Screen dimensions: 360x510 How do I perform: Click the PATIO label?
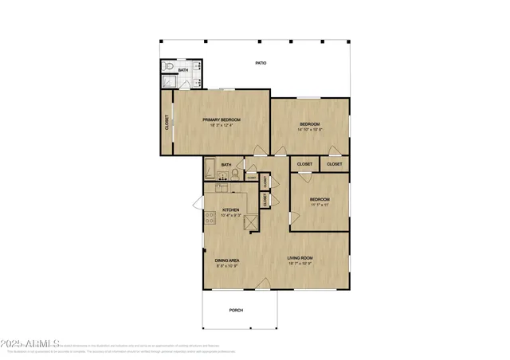click(261, 63)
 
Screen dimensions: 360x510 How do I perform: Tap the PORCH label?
click(236, 310)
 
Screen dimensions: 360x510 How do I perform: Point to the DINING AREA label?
click(227, 260)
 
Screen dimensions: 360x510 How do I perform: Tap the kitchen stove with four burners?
click(210, 217)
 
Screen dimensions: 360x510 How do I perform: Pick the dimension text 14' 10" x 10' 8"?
click(310, 130)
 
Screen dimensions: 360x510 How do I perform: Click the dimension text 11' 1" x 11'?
click(320, 205)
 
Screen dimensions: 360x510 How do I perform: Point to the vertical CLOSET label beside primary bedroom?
click(167, 123)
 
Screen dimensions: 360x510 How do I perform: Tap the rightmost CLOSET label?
click(335, 164)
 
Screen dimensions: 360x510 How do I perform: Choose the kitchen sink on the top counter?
click(221, 188)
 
